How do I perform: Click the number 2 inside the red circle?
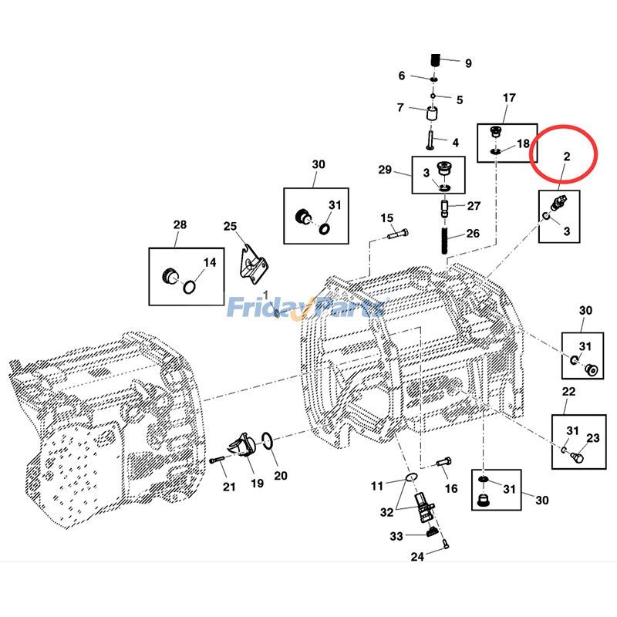point(566,157)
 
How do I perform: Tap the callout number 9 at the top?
point(467,63)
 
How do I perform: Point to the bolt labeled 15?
point(394,232)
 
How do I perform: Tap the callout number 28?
point(180,224)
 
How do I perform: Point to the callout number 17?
point(509,98)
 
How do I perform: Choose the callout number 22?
point(568,392)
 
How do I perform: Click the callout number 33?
point(396,536)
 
